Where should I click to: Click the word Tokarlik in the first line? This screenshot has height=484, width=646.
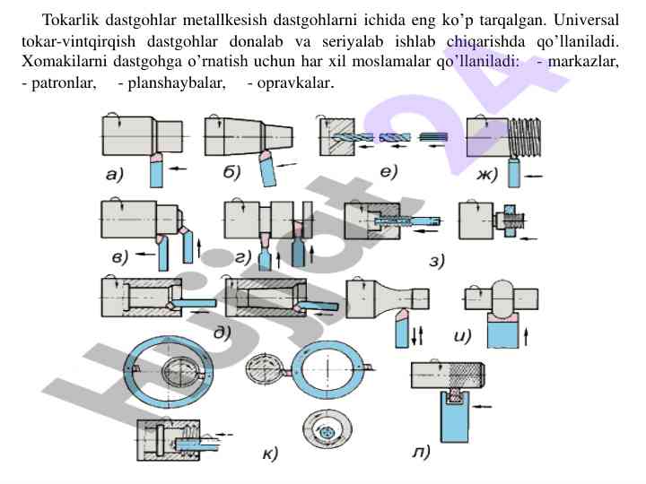click(x=71, y=20)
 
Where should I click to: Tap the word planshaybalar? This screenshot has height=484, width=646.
click(x=177, y=83)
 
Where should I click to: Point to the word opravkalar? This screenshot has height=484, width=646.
click(x=295, y=83)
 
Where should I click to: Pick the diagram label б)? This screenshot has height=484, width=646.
click(x=232, y=173)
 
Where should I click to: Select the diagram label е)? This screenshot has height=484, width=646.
click(x=388, y=171)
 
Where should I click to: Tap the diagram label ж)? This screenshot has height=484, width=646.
click(x=487, y=175)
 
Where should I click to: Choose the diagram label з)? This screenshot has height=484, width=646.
click(x=437, y=261)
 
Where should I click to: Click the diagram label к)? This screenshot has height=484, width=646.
click(x=270, y=454)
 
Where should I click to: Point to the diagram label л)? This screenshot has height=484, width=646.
click(x=421, y=452)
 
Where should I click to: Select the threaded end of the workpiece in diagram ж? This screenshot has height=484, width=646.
click(x=525, y=137)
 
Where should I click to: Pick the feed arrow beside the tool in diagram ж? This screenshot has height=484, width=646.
click(x=535, y=177)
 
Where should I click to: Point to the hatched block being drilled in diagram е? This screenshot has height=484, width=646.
click(x=337, y=137)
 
